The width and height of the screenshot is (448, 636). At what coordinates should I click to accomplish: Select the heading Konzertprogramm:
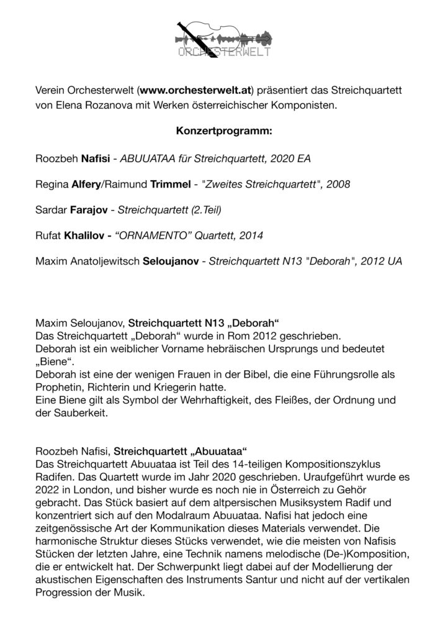(x=223, y=132)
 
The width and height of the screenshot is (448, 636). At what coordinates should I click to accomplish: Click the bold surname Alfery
(x=92, y=185)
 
